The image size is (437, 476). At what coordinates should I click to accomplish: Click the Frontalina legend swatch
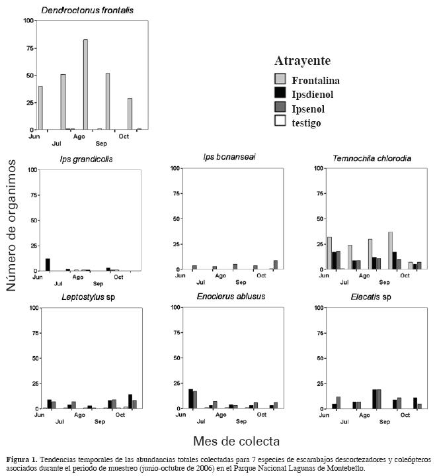pyautogui.click(x=280, y=80)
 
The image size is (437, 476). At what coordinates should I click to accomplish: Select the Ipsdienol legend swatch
pyautogui.click(x=280, y=94)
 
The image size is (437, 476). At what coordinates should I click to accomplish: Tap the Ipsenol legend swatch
pyautogui.click(x=280, y=108)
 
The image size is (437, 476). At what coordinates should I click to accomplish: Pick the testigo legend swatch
pyautogui.click(x=280, y=122)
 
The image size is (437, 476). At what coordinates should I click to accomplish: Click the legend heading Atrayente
pyautogui.click(x=302, y=61)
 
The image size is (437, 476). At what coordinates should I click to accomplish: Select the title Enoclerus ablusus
pyautogui.click(x=231, y=296)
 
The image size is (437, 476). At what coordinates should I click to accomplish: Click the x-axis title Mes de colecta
pyautogui.click(x=235, y=440)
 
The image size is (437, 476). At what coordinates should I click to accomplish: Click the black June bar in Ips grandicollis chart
pyautogui.click(x=48, y=264)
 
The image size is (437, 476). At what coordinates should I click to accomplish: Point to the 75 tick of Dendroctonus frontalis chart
pyautogui.click(x=28, y=48)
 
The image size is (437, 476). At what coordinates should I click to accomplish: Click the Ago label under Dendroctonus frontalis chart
pyautogui.click(x=79, y=136)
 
